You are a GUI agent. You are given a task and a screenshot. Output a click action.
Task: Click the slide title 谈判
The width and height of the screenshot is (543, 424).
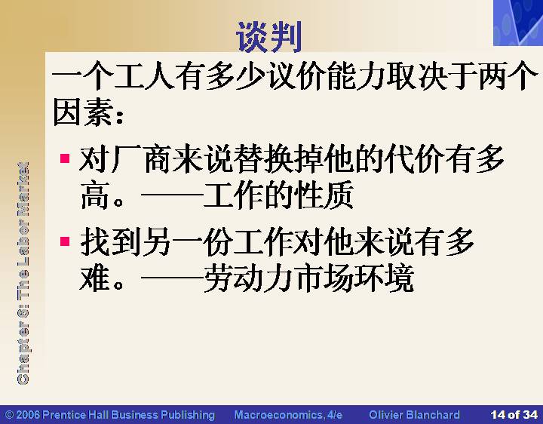(268, 37)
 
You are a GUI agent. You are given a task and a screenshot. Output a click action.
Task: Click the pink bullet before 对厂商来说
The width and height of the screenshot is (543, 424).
(65, 158)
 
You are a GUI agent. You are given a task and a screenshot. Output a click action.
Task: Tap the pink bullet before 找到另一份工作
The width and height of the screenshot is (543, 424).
(65, 241)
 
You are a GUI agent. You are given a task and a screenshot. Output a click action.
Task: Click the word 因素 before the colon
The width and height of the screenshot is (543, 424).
(83, 112)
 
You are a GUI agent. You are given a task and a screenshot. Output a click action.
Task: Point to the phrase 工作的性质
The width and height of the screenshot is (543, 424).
(279, 195)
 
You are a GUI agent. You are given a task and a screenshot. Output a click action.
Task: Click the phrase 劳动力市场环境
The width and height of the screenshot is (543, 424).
(309, 278)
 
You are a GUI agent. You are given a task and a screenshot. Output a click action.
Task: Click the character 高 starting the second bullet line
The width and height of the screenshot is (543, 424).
(95, 195)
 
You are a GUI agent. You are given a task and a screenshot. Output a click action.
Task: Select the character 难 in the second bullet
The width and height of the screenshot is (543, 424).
(95, 278)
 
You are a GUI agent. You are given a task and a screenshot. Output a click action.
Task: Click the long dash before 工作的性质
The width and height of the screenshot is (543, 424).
(172, 195)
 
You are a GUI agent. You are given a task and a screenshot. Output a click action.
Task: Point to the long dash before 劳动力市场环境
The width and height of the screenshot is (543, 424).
(172, 278)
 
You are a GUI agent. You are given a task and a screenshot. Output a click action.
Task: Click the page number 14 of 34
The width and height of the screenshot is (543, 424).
(514, 415)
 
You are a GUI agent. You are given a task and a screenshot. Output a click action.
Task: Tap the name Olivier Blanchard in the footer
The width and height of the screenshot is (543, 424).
(415, 415)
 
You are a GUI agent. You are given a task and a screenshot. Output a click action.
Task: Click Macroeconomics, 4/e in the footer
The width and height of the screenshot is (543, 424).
(288, 415)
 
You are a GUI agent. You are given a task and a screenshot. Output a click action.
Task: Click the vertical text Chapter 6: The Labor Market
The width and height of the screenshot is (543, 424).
(23, 273)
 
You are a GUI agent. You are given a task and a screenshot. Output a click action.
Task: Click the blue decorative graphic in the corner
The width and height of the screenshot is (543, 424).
(518, 23)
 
